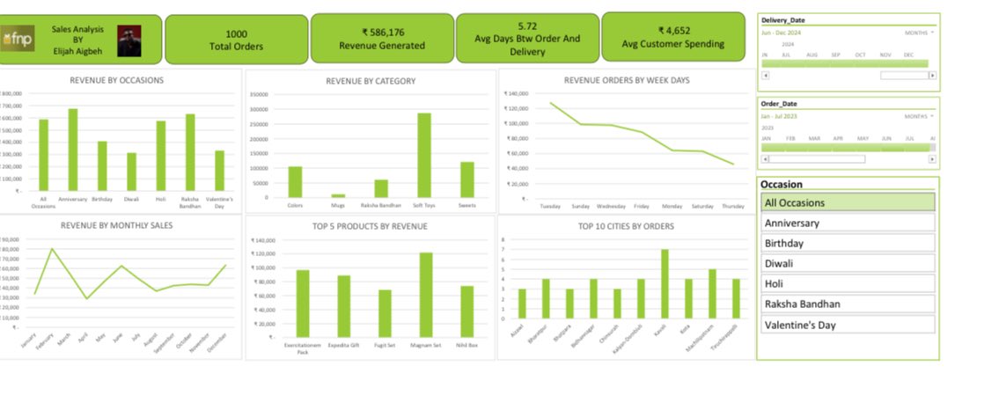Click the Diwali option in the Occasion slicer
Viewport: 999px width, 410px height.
point(847,263)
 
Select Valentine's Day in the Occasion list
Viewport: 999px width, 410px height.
point(847,325)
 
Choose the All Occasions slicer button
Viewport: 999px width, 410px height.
point(847,202)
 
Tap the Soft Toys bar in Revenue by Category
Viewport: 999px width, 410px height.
point(424,156)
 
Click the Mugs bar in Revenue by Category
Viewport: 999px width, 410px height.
point(338,195)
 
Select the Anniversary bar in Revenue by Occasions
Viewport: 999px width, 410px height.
point(73,150)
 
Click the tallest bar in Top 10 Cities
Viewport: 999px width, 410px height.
point(665,283)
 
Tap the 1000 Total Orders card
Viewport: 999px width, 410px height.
point(236,40)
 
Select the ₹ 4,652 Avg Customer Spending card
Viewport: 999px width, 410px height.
point(673,40)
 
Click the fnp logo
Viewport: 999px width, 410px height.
point(18,40)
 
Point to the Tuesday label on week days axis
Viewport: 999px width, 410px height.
point(550,205)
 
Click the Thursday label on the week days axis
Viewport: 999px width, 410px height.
point(733,205)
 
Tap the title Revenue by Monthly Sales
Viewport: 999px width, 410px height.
point(117,225)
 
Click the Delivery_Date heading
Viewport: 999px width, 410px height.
point(783,19)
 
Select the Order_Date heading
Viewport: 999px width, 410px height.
point(778,104)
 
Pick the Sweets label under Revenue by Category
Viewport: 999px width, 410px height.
point(467,205)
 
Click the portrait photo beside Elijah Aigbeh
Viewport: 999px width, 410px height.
point(129,40)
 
